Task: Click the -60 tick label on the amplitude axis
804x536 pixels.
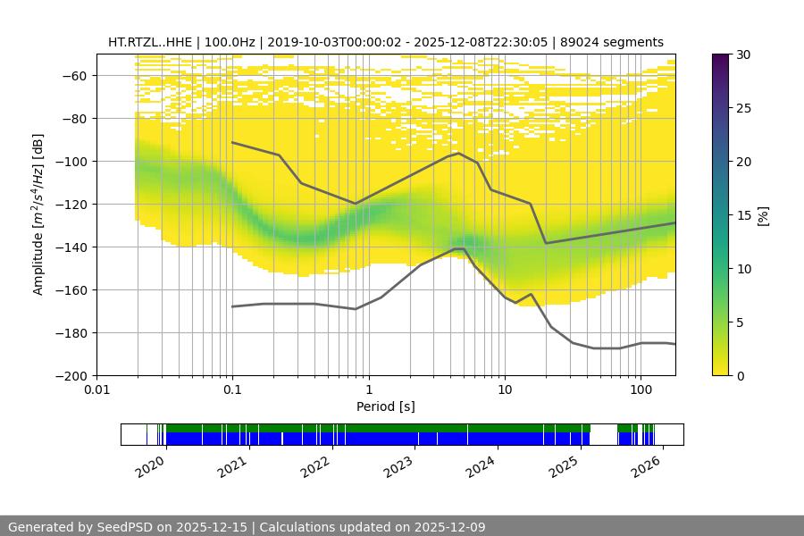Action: [x=73, y=75]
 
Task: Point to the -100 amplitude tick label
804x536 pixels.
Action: [x=71, y=161]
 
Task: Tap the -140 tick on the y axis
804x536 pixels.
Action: [x=71, y=247]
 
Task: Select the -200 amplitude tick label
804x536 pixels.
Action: [x=71, y=375]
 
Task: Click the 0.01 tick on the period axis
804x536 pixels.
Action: [x=96, y=390]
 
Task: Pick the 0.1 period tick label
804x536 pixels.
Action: [x=232, y=390]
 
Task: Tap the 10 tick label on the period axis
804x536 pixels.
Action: [x=505, y=390]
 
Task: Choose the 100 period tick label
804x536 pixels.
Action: [x=641, y=390]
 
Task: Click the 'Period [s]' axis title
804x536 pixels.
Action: [x=386, y=406]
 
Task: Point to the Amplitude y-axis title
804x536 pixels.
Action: [x=38, y=214]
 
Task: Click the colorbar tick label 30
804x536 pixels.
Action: [x=743, y=54]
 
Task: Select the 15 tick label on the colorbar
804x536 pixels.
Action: [x=743, y=215]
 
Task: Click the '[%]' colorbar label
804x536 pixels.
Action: [x=763, y=215]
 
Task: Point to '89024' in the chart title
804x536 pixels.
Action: [x=578, y=42]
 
